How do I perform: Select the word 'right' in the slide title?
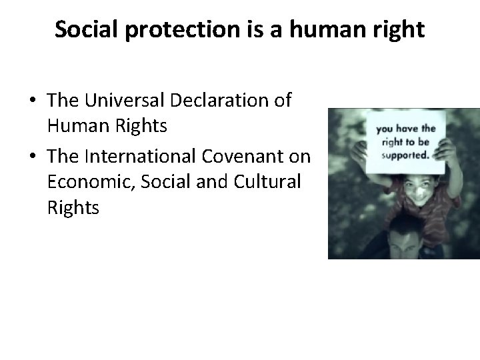[397, 30]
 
